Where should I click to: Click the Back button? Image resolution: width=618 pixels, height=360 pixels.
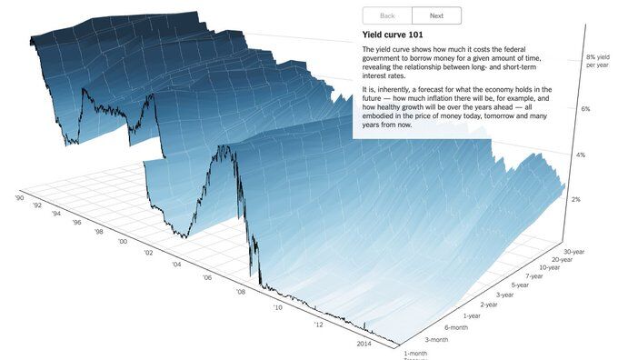[387, 15]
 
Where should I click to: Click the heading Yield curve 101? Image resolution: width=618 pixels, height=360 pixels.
[394, 35]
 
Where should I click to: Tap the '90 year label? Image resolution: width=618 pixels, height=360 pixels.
[18, 195]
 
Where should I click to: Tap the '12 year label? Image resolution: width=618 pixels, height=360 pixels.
[318, 324]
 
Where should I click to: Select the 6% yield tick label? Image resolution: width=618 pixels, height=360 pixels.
[584, 109]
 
